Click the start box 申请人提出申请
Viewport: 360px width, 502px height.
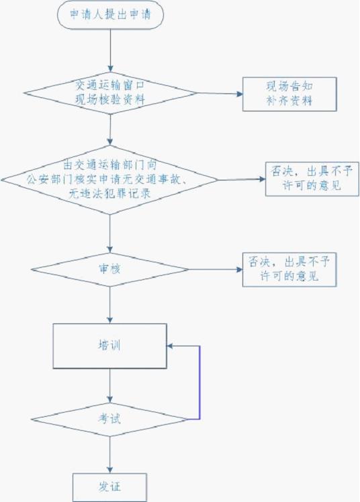[x=111, y=15]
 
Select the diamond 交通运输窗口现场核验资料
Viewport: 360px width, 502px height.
[x=111, y=93]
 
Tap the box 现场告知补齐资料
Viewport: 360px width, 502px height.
[x=289, y=94]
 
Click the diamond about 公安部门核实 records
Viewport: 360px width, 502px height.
[x=110, y=180]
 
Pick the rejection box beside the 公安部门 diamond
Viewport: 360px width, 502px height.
[x=312, y=179]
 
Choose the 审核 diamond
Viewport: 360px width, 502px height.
[x=110, y=270]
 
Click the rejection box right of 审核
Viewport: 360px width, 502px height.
[x=289, y=270]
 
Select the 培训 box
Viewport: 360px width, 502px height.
[x=110, y=346]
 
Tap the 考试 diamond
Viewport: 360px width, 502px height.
[x=110, y=419]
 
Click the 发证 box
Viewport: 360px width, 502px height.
[x=109, y=487]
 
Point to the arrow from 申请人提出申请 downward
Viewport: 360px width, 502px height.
[x=111, y=50]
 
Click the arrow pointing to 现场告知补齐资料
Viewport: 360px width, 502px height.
[x=220, y=94]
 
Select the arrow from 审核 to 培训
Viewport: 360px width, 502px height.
[x=110, y=305]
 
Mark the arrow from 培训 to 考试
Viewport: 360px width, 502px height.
[x=110, y=385]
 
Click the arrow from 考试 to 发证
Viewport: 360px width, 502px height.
[x=110, y=454]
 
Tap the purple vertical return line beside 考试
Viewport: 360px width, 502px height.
[x=200, y=383]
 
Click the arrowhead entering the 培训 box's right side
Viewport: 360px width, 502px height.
[x=170, y=346]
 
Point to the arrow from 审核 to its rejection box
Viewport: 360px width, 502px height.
[x=216, y=270]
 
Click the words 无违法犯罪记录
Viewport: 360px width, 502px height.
[x=109, y=194]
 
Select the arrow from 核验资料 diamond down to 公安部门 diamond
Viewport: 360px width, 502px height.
[x=110, y=130]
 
